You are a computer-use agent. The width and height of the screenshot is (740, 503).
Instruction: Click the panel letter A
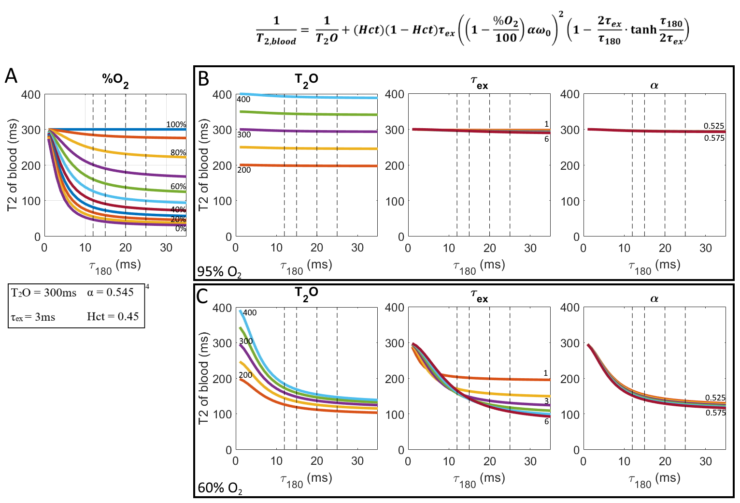click(x=11, y=76)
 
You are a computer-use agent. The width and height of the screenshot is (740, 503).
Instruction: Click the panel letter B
click(x=203, y=79)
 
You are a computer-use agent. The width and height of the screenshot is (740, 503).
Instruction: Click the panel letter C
click(x=202, y=296)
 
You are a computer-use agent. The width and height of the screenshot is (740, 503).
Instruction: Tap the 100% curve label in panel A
click(x=176, y=124)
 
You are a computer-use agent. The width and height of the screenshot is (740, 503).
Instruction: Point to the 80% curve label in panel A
click(x=178, y=152)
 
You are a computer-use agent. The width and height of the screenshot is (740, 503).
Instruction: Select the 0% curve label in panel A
click(x=180, y=228)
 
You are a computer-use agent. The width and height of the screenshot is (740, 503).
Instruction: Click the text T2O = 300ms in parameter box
click(x=43, y=293)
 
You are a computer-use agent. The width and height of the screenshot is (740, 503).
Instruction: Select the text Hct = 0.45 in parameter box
click(x=113, y=316)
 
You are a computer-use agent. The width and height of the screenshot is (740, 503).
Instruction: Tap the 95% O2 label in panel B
click(x=219, y=272)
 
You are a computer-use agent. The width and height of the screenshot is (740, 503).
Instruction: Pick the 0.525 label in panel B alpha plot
click(x=713, y=126)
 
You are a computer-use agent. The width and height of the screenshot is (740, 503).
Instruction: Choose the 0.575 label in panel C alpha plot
click(x=715, y=413)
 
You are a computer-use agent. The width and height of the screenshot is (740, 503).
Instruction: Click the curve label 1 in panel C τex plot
click(x=546, y=373)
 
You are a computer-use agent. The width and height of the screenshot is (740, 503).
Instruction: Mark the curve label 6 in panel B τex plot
click(x=546, y=139)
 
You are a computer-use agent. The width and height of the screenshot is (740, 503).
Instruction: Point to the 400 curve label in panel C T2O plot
click(x=250, y=312)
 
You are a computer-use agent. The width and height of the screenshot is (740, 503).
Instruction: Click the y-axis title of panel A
click(x=12, y=165)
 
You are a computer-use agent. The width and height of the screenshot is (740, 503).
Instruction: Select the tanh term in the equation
click(x=643, y=30)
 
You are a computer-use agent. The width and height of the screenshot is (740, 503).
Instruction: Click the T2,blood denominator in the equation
click(x=276, y=40)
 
